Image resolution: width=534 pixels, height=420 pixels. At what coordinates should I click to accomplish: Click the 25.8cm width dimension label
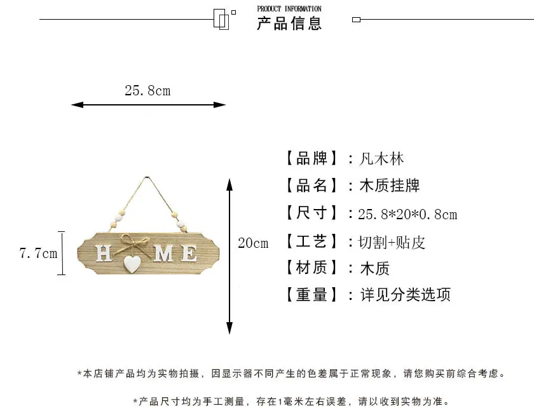click(x=147, y=90)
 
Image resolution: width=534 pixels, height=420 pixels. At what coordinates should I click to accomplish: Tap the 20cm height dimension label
click(x=253, y=243)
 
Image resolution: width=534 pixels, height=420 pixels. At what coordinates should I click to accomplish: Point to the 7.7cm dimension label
click(x=39, y=254)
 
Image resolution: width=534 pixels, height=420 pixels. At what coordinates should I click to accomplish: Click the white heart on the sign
click(x=132, y=264)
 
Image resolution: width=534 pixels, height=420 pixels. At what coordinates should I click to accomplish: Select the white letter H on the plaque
click(x=104, y=254)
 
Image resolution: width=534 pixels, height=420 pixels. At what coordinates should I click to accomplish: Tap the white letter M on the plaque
click(x=165, y=254)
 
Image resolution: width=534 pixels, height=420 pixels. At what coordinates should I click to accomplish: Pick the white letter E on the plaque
click(x=189, y=254)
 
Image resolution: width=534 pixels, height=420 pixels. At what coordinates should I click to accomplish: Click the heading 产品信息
click(x=289, y=23)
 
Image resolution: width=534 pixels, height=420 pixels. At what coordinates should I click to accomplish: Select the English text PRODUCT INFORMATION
click(x=289, y=9)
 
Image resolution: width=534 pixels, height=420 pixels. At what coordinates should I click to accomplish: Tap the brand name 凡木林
click(x=381, y=159)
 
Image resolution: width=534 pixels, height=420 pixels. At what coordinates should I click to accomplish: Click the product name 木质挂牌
click(x=390, y=186)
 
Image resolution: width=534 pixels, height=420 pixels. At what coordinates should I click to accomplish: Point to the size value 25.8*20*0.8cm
click(x=407, y=214)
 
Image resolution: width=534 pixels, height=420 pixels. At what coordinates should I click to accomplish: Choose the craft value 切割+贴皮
click(x=392, y=242)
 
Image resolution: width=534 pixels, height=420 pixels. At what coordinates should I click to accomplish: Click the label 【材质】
click(x=311, y=268)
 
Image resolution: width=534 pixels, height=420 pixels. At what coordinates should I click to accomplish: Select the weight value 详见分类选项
click(x=406, y=294)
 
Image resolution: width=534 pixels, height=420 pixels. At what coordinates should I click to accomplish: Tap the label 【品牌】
click(x=311, y=159)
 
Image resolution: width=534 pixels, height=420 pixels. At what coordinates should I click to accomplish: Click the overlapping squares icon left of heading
click(x=224, y=19)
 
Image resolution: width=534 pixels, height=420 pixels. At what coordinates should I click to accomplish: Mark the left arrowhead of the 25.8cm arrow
click(x=77, y=105)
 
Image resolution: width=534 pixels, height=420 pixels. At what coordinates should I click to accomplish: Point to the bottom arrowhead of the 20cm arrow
click(x=230, y=328)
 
